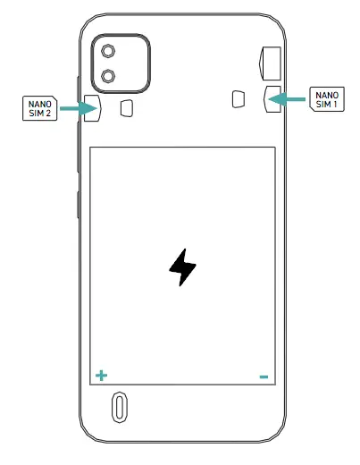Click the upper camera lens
point(109,51)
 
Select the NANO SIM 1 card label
point(326,98)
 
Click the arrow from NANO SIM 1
point(288,98)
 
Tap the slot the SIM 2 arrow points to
point(92,109)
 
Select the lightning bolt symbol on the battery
point(182,267)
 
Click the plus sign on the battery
point(100,376)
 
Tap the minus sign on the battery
point(264,377)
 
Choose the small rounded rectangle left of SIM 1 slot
point(238,98)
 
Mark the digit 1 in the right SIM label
point(336,104)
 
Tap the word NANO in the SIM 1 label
point(326,93)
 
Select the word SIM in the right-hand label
point(322,104)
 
